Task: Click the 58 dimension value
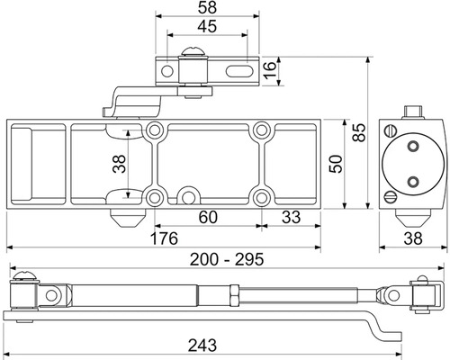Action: click(207, 7)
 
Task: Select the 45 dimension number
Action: click(207, 26)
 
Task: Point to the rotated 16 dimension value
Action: click(270, 70)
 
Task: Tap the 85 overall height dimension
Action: click(359, 132)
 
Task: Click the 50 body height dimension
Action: click(336, 164)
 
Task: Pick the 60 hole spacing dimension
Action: click(208, 217)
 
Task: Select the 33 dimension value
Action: click(291, 217)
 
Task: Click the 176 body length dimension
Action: click(164, 238)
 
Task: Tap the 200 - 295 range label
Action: click(227, 259)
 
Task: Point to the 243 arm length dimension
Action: click(202, 346)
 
